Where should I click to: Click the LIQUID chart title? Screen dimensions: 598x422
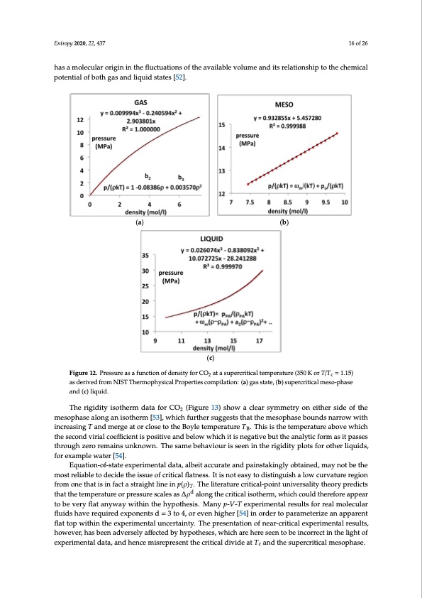point(211,240)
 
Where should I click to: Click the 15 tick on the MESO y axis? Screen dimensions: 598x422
point(222,125)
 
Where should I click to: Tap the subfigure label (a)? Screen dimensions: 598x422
point(140,222)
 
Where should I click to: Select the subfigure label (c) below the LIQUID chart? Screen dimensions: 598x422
point(211,359)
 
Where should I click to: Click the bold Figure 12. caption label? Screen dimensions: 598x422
point(69,373)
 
